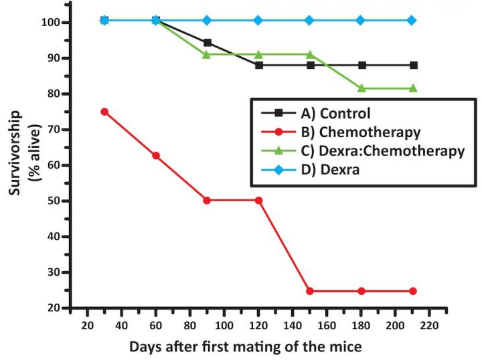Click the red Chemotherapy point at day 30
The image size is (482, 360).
pos(104,112)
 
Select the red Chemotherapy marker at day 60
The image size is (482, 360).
pos(156,155)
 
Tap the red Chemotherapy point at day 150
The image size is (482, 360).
pos(309,291)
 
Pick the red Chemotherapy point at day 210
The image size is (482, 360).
pos(413,291)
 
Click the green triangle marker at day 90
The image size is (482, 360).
pos(207,54)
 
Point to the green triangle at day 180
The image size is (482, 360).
pos(361,88)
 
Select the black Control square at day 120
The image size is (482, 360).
pos(258,65)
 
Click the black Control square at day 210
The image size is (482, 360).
pos(413,65)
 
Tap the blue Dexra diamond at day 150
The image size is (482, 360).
pos(309,20)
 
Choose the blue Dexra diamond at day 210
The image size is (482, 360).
pos(413,20)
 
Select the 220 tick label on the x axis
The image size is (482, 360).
pos(430,325)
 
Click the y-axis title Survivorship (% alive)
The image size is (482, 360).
pos(20,164)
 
